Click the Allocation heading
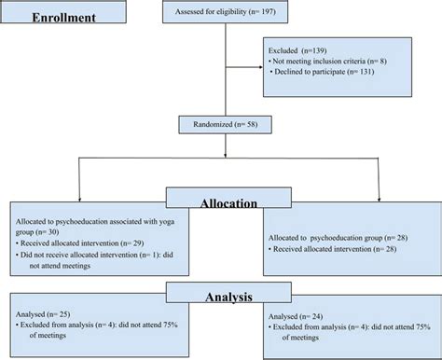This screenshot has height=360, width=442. point(225,199)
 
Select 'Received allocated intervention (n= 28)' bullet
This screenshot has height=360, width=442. point(333,248)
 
